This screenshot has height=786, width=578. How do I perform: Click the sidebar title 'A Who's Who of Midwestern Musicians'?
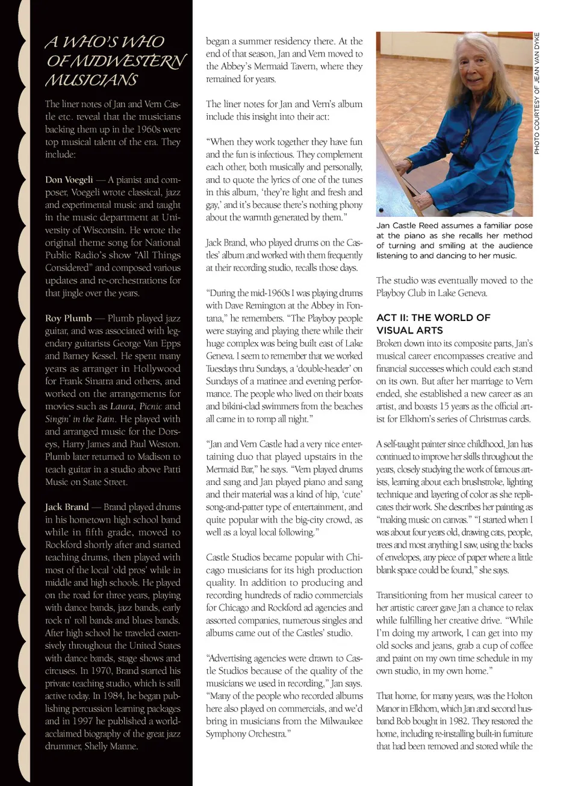pos(114,61)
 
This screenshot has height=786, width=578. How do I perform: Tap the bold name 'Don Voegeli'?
pos(69,179)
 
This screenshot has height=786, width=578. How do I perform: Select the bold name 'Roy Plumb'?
pos(69,318)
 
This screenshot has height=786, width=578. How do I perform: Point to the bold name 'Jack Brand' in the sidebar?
pos(67,507)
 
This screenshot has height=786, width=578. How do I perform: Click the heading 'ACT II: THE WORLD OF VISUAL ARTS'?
pos(433,323)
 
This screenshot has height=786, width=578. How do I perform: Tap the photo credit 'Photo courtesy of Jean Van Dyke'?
pos(537,93)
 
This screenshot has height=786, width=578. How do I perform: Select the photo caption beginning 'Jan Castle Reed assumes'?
pos(454,240)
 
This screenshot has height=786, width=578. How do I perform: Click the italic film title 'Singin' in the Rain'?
pos(79,419)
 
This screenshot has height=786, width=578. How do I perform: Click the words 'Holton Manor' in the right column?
pos(518,696)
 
